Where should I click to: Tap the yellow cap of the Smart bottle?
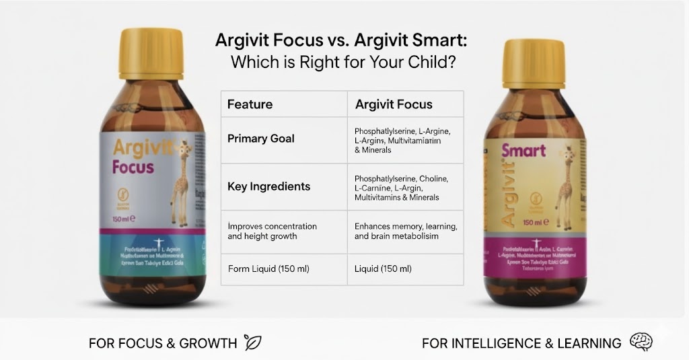coord(534,65)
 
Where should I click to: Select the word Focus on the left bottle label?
coord(133,166)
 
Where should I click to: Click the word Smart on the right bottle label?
coord(523,149)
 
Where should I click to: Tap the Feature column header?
coord(250,104)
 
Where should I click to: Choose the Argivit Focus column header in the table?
coord(394,104)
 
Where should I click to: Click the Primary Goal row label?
coord(260,139)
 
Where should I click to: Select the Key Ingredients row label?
coord(268,186)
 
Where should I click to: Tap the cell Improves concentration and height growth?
coord(272,231)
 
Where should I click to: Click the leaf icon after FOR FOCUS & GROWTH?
coord(253,343)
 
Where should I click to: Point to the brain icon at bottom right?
coord(641,342)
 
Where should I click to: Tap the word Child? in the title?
coord(435,63)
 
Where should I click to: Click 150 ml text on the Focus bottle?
coord(123,218)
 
